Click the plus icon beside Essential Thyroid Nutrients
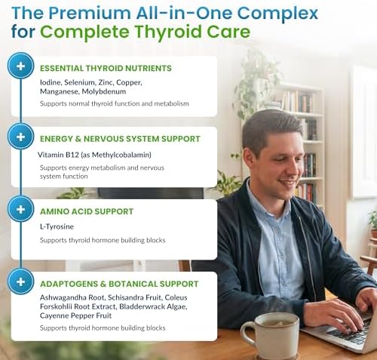(20, 66)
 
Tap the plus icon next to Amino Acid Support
(20, 209)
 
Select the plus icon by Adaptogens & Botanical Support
(20, 282)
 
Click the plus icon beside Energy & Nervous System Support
(20, 137)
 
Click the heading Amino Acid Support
(87, 211)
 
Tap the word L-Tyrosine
(57, 226)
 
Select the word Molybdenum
(104, 91)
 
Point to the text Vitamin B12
(58, 155)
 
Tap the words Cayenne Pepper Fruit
(75, 315)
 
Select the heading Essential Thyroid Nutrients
(106, 68)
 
